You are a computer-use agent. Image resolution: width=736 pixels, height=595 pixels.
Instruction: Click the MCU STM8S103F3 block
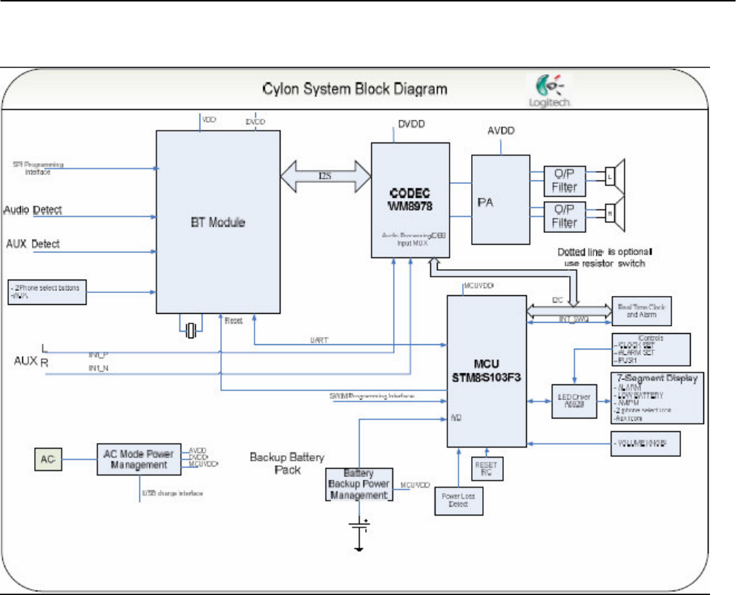(x=485, y=371)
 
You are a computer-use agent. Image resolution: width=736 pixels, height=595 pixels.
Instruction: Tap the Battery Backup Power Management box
(x=358, y=484)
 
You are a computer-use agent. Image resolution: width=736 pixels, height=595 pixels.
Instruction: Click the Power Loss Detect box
(x=457, y=496)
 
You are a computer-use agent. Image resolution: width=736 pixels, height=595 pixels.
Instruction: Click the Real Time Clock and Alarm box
(x=642, y=310)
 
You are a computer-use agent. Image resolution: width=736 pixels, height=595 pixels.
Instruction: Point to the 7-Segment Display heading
(x=653, y=379)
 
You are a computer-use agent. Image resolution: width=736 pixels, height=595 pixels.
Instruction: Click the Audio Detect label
(x=33, y=210)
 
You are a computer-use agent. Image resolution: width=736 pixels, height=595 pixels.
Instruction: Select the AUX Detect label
(x=33, y=244)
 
